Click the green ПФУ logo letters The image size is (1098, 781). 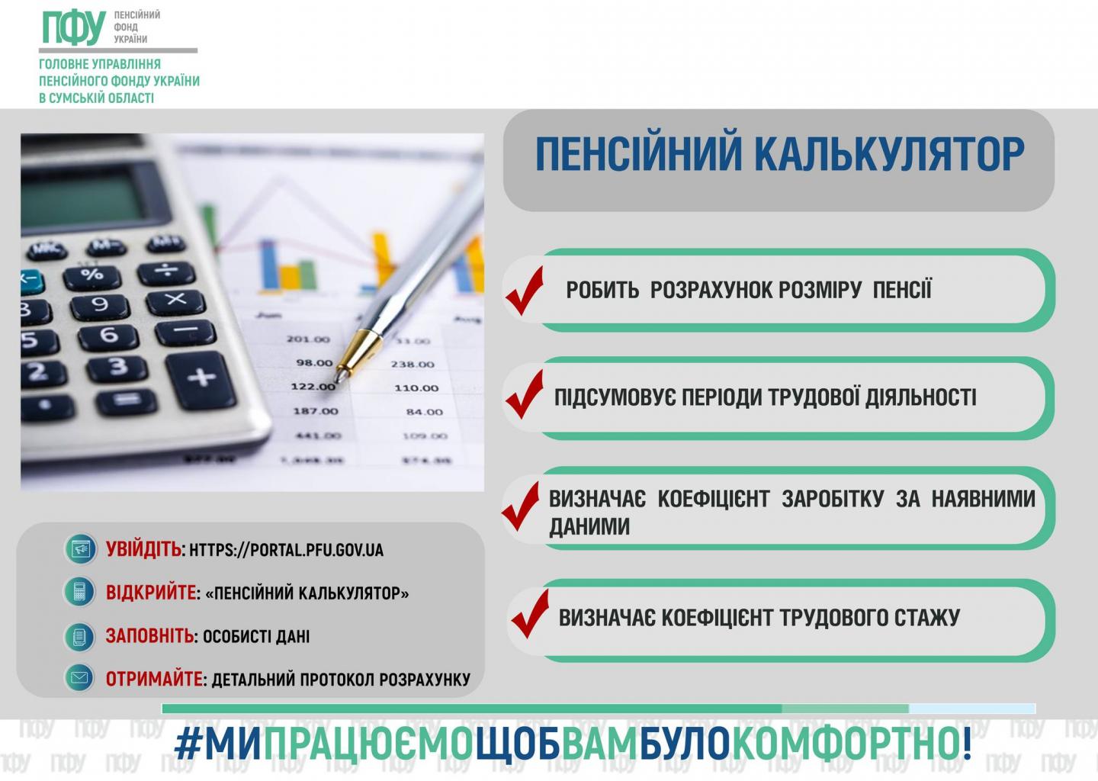[x=74, y=28]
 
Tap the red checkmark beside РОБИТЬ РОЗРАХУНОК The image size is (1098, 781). [x=525, y=291]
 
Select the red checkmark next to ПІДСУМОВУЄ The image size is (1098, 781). [x=525, y=394]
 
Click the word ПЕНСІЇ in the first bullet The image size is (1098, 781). [x=902, y=290]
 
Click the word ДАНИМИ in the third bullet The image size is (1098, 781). [x=589, y=527]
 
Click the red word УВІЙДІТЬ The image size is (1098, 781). [x=143, y=550]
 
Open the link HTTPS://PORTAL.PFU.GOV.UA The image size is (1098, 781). [x=286, y=550]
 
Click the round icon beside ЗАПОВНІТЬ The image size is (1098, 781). [x=79, y=636]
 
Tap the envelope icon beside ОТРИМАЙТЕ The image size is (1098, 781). [x=79, y=679]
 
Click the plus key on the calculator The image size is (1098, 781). [x=201, y=380]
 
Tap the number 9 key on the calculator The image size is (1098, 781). [x=100, y=305]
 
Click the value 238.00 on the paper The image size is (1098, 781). [x=413, y=365]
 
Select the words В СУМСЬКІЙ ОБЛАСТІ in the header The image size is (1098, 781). [x=97, y=98]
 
